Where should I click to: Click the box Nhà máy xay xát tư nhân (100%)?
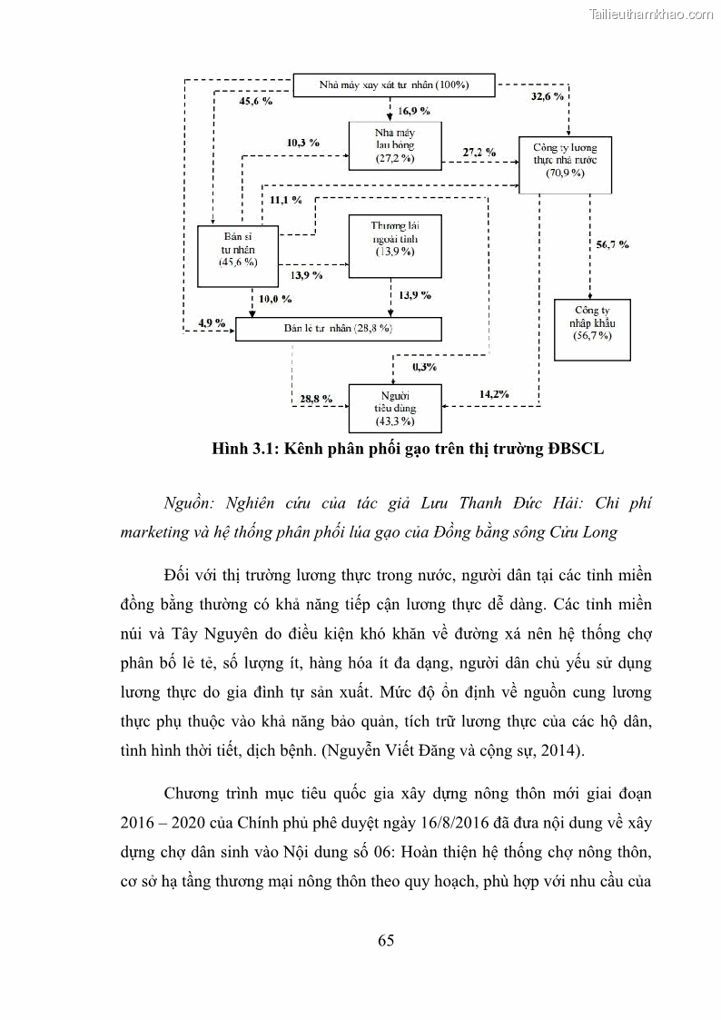(393, 85)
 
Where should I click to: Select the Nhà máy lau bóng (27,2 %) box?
(394, 144)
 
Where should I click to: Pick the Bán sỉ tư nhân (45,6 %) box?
(238, 247)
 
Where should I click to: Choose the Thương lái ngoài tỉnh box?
(394, 245)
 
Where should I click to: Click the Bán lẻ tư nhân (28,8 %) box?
(338, 328)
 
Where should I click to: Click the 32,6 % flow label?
(546, 95)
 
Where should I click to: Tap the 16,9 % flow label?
(414, 111)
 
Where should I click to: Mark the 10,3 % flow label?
(302, 143)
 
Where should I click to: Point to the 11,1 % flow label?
(285, 199)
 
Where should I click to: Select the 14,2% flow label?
(494, 393)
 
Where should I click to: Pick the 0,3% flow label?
(424, 367)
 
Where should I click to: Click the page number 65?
(386, 940)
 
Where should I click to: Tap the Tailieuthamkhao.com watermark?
(651, 14)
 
